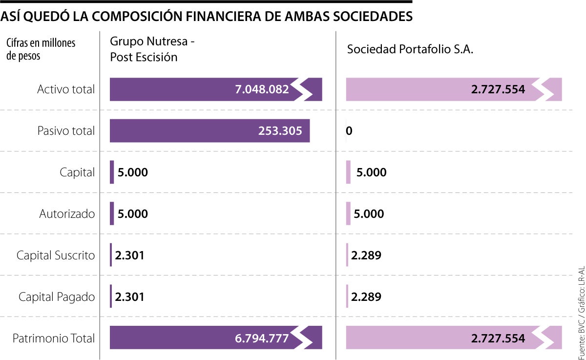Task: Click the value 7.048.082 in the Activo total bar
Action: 262,90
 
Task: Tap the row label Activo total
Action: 66,89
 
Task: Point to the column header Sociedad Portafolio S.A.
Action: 410,50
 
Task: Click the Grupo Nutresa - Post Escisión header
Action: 152,49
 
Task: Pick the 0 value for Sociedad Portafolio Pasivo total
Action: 349,131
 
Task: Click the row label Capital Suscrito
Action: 56,255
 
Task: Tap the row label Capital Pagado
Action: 57,297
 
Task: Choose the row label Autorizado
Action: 67,214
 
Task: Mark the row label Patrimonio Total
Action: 54,339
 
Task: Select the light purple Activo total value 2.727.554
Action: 498,90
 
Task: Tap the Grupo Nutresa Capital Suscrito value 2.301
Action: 129,255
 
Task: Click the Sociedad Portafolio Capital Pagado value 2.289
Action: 366,297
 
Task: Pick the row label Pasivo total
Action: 66,131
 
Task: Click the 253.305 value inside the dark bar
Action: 280,131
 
